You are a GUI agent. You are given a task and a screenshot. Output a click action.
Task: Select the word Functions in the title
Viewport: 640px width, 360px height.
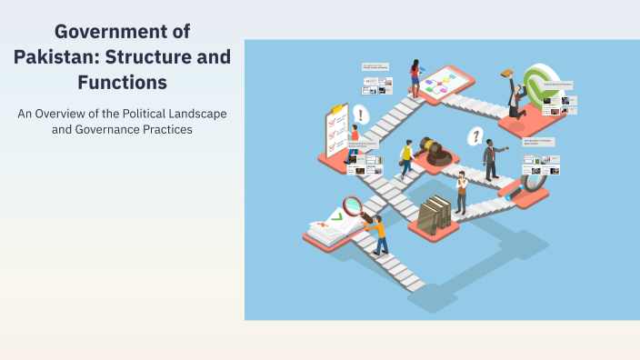[122, 82]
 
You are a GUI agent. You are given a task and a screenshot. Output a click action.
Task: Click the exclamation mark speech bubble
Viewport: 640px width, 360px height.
[362, 115]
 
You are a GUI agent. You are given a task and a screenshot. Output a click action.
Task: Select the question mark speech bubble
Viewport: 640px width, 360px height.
[474, 136]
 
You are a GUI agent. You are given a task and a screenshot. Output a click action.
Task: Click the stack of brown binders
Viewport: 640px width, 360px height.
[435, 214]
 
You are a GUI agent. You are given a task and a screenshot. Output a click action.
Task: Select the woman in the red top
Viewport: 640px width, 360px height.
[415, 78]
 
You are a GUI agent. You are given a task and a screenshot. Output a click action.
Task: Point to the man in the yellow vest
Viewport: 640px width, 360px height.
[406, 158]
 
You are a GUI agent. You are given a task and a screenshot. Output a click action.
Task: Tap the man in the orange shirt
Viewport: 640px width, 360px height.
[377, 233]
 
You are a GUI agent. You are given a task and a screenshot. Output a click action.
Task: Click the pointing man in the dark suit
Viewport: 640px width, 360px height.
[492, 160]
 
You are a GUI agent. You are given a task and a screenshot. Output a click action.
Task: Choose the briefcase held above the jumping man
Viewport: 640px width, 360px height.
[507, 75]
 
